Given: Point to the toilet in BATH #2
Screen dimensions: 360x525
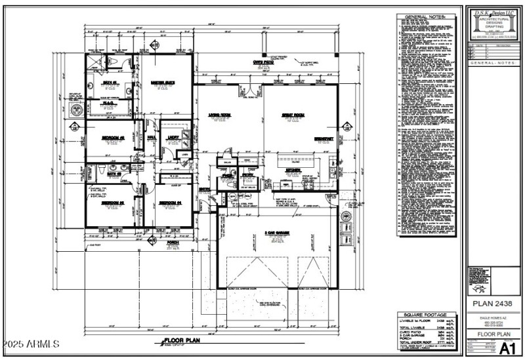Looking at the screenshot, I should tap(100, 172).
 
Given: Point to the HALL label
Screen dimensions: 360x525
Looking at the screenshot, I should tap(150, 136).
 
